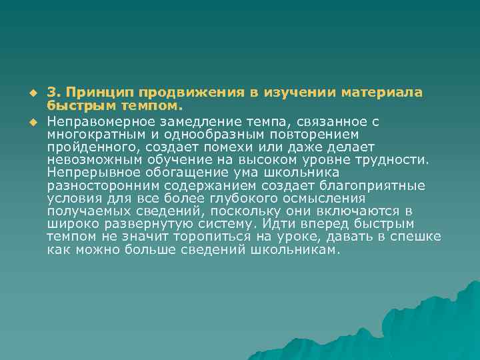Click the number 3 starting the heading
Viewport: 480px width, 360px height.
51,93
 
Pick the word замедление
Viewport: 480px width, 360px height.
197,121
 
